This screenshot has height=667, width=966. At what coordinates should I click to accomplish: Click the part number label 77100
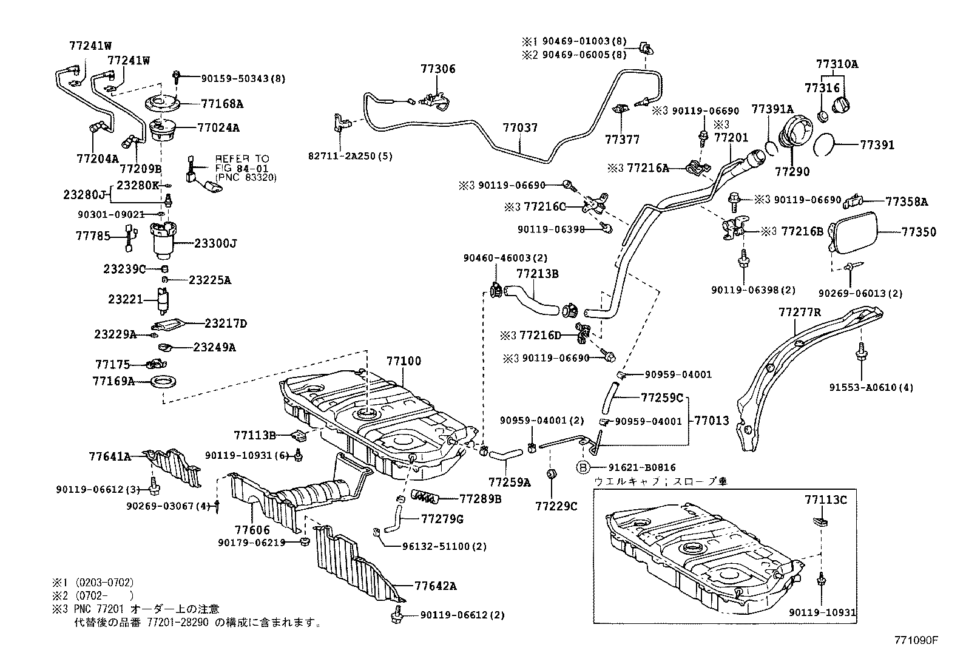coord(404,362)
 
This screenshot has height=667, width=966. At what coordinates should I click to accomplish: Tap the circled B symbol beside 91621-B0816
coord(583,467)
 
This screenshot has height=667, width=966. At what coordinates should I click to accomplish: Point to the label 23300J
coord(215,243)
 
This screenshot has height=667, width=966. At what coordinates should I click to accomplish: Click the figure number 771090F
coord(916,640)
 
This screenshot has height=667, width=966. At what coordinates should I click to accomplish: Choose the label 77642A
coord(436,586)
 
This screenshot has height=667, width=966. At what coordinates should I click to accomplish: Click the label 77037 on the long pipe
coord(520,129)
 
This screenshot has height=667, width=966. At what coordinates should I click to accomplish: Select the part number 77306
coord(437,70)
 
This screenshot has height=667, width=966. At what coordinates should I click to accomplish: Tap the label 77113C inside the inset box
coord(825,500)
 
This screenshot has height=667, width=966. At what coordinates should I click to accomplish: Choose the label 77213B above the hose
coord(537,274)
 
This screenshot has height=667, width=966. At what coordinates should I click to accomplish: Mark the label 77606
coord(253,530)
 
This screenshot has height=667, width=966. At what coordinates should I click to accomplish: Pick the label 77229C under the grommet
coord(556,506)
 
